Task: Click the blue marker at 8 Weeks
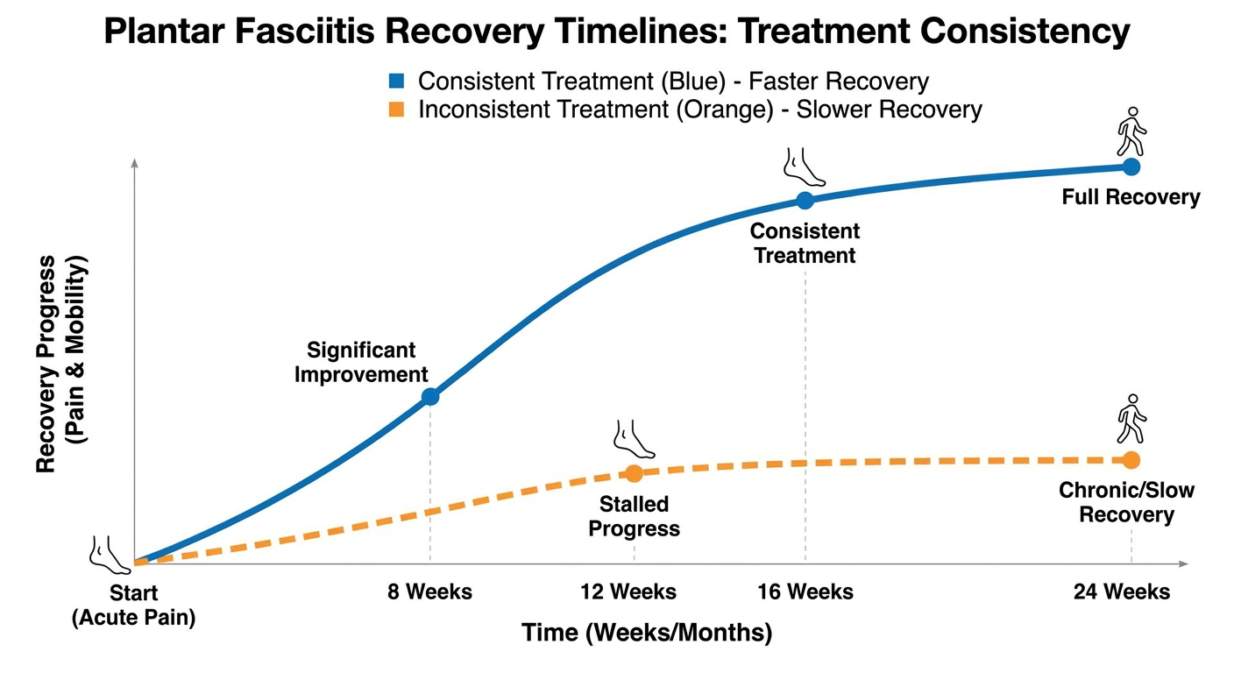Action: [430, 396]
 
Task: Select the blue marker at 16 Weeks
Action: [805, 200]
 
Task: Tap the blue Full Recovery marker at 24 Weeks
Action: [1131, 166]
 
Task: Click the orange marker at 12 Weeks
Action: [634, 473]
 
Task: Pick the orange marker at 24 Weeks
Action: [1131, 459]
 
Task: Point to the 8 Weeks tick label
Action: [429, 592]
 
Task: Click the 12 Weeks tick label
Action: [628, 592]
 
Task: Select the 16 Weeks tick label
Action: [805, 592]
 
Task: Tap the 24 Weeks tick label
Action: [1122, 592]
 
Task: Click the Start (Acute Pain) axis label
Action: [133, 606]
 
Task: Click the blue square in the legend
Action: [396, 81]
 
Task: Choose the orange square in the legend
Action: [396, 110]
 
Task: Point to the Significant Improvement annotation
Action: [361, 363]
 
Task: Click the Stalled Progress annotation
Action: [634, 517]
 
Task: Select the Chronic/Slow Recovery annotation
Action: [1126, 502]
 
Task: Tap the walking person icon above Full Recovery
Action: [1131, 131]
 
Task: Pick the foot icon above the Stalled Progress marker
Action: [634, 438]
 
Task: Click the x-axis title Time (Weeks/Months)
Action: [647, 633]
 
